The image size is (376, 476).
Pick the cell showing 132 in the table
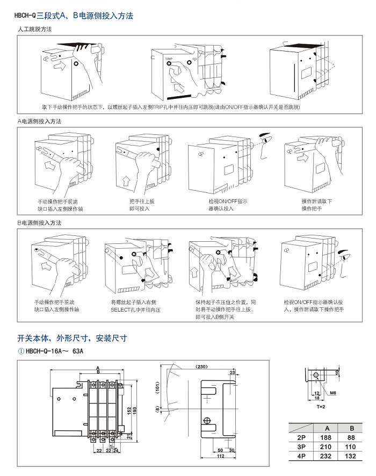(351, 456)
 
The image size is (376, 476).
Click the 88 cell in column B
(351, 437)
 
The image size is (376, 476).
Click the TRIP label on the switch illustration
(169, 58)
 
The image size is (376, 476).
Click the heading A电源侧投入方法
(40, 121)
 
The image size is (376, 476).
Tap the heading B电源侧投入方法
(40, 222)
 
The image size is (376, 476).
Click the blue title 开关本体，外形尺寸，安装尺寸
(72, 338)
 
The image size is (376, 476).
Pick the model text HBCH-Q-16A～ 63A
(52, 351)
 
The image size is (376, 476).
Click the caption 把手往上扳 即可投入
(142, 205)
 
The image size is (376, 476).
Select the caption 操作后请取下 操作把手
(316, 205)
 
